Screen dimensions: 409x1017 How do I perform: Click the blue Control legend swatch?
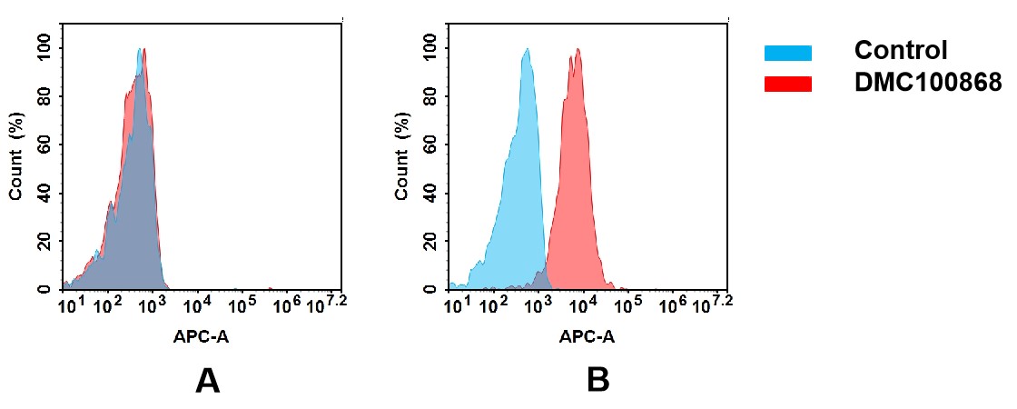pyautogui.click(x=787, y=53)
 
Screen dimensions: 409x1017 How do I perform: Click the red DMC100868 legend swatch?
pyautogui.click(x=787, y=84)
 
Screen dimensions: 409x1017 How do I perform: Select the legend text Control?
pyautogui.click(x=901, y=51)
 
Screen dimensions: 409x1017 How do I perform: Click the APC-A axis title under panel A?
pyautogui.click(x=201, y=337)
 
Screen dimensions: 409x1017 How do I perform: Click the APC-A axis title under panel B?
pyautogui.click(x=587, y=337)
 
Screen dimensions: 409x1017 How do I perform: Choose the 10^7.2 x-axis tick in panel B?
pyautogui.click(x=711, y=304)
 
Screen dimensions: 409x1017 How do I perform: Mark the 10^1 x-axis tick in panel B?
pyautogui.click(x=454, y=304)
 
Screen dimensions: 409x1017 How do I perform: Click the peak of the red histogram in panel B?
pyautogui.click(x=578, y=51)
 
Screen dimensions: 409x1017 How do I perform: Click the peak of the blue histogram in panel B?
pyautogui.click(x=526, y=51)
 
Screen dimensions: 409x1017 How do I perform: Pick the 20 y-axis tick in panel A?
pyautogui.click(x=43, y=241)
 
